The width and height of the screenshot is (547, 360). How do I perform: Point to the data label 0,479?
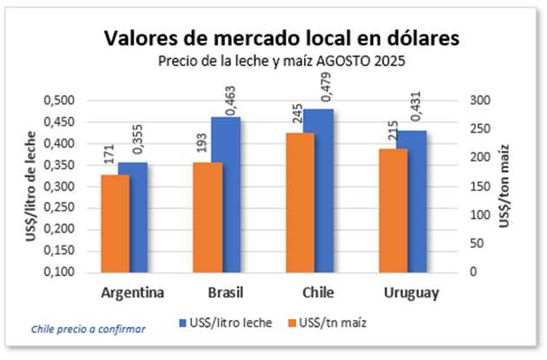pyautogui.click(x=317, y=88)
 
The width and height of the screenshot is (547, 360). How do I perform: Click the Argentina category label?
pyautogui.click(x=133, y=291)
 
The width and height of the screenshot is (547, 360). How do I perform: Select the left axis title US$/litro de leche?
pyautogui.click(x=31, y=187)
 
